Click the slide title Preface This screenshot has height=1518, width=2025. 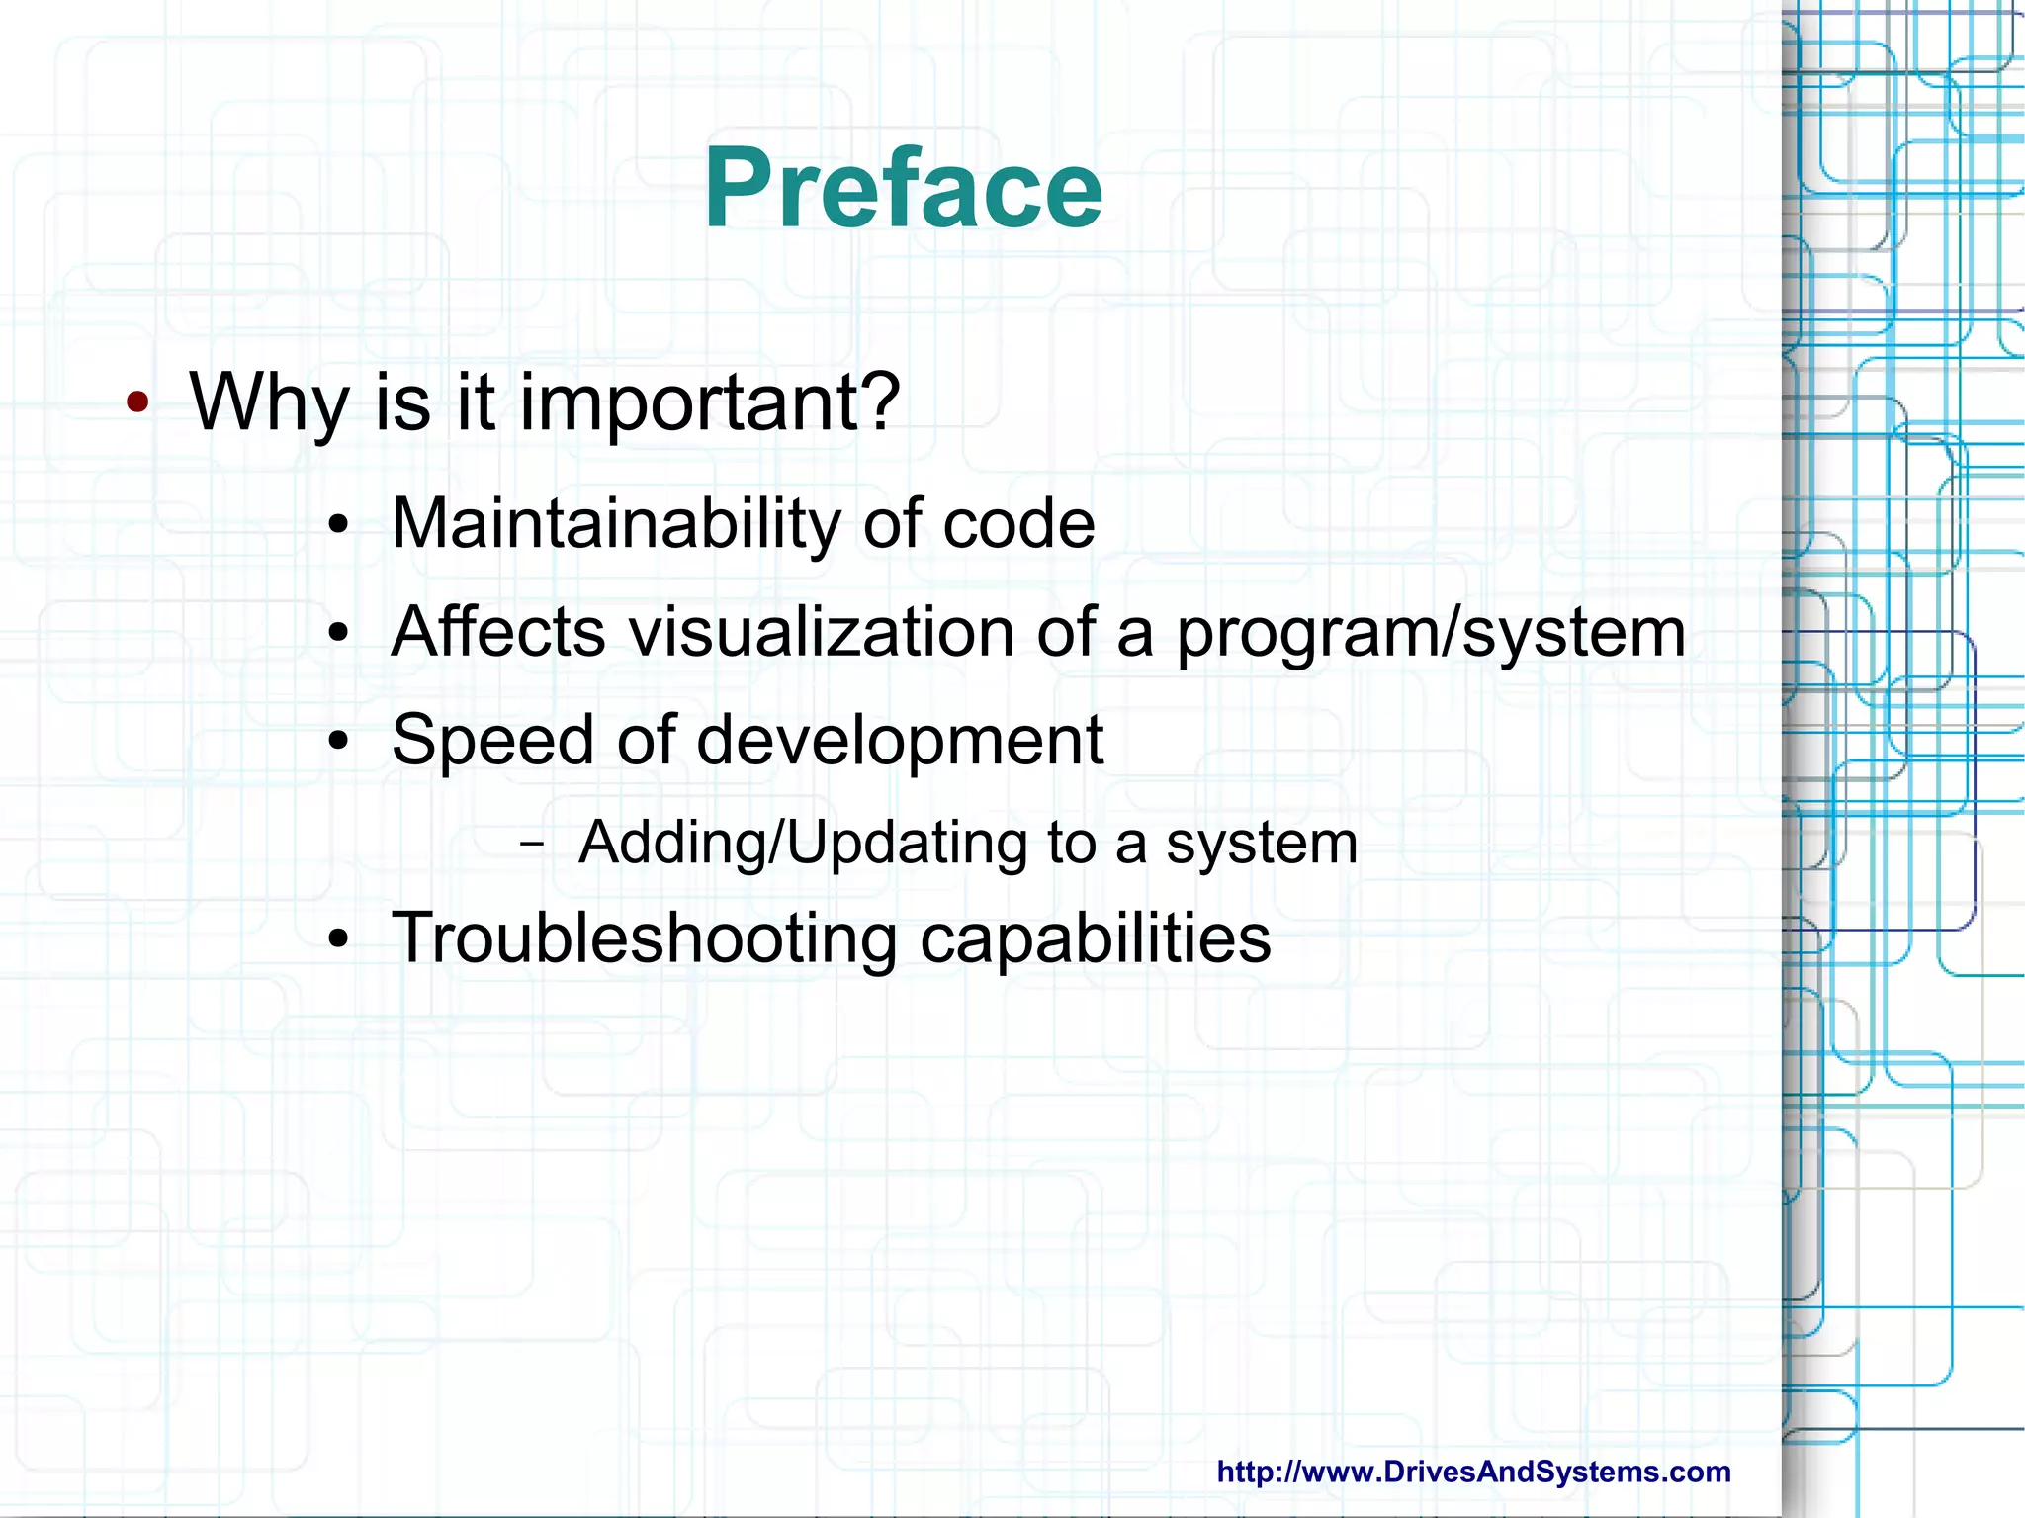[903, 188]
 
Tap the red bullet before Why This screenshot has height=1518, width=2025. [137, 402]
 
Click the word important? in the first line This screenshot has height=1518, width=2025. [709, 402]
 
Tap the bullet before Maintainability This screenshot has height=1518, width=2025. [339, 526]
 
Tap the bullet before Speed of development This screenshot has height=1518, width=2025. [339, 742]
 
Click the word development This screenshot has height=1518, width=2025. [900, 742]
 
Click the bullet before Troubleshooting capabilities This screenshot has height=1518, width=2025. [339, 940]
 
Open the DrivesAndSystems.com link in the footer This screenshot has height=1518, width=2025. [1473, 1472]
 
